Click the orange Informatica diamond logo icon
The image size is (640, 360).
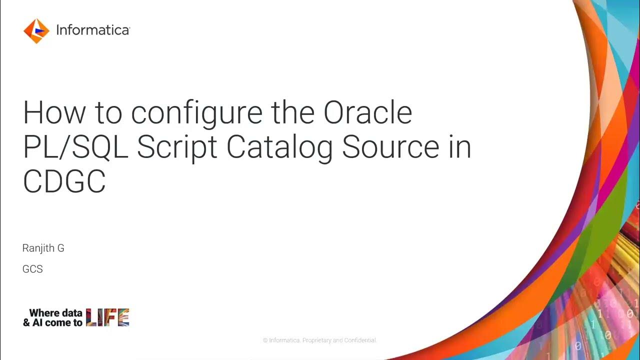point(36,31)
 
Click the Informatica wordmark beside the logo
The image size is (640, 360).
point(92,30)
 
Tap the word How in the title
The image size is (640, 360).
point(54,113)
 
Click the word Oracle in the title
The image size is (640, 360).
point(367,113)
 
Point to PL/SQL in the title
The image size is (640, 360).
point(76,148)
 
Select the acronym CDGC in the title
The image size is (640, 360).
point(64,181)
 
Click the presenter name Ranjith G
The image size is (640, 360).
point(43,248)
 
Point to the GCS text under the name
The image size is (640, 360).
point(32,269)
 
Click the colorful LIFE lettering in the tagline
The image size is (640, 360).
point(107,317)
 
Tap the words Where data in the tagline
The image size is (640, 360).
point(55,313)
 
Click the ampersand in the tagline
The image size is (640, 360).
point(26,323)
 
